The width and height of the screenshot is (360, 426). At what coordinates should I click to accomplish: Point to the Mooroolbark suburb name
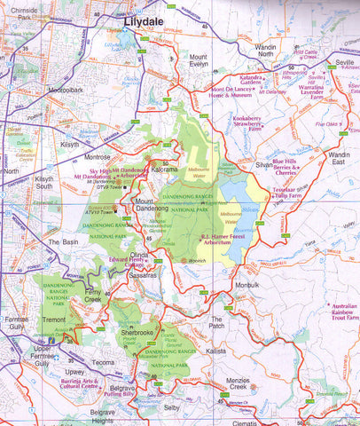[66, 89]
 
